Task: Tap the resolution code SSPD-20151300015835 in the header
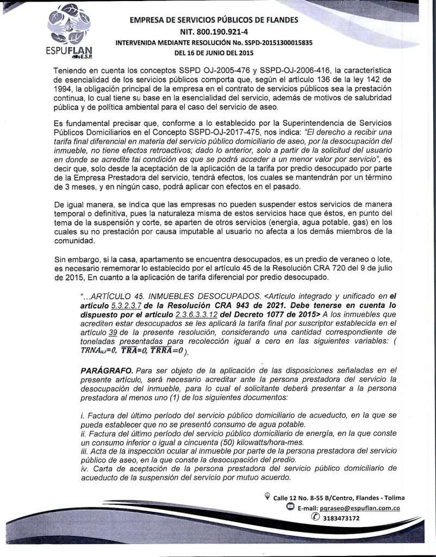(274, 43)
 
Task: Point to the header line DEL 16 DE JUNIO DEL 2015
(214, 53)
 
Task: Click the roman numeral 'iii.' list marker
(85, 451)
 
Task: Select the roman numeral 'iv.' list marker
(85, 469)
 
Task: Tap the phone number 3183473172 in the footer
(341, 518)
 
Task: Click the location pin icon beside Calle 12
(267, 495)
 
